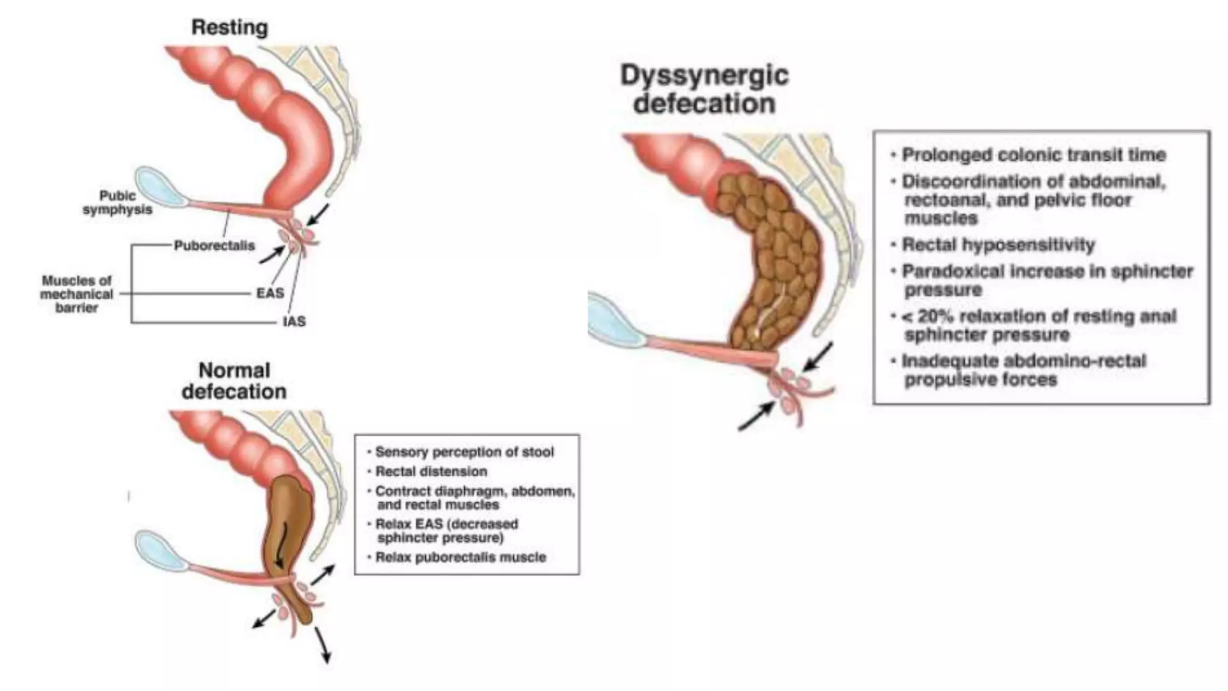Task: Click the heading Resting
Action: pos(229,28)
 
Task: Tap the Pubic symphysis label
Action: pos(118,203)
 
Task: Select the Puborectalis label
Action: pos(214,246)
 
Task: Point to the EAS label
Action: pos(270,293)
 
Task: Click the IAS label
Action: pos(294,322)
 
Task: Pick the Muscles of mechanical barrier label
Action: pos(77,294)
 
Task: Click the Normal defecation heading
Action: pos(234,381)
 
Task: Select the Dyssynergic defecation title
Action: pos(705,90)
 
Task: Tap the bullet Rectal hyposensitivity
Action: pos(998,245)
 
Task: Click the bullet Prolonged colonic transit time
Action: pos(1034,155)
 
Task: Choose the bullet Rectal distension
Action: pos(431,471)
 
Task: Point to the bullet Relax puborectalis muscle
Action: pos(460,557)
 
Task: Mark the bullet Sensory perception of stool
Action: pos(464,452)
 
